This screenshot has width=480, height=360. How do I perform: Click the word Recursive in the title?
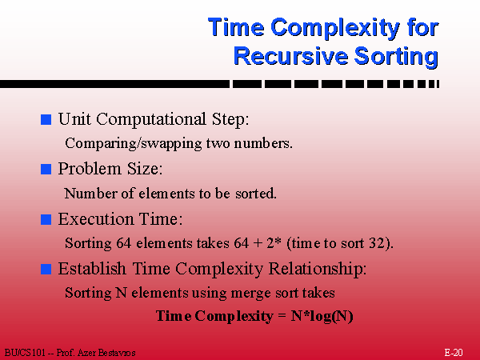[x=291, y=56]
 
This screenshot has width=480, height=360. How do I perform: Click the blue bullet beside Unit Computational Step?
[x=46, y=119]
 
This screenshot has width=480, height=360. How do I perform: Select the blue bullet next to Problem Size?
[x=46, y=169]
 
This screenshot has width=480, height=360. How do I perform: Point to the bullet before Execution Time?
[x=46, y=219]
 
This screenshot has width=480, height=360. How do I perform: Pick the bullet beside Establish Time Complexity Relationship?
[x=46, y=269]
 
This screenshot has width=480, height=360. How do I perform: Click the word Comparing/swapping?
[x=134, y=143]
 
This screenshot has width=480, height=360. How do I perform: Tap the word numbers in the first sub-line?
[x=263, y=143]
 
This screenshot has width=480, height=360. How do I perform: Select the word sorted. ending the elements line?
[x=256, y=194]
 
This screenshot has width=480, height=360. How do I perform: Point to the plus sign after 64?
[x=258, y=244]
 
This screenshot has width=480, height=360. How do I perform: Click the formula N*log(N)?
[x=322, y=316]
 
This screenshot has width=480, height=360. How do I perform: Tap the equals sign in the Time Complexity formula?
[x=282, y=317]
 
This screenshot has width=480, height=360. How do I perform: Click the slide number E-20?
[x=454, y=353]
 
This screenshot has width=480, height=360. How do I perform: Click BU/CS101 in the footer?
[x=25, y=353]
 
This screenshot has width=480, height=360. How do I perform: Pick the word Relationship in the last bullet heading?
[x=318, y=270]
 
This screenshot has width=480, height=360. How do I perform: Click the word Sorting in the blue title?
[x=397, y=57]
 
